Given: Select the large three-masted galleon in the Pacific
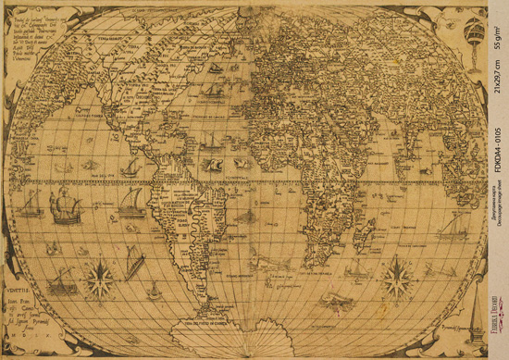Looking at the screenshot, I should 66,205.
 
